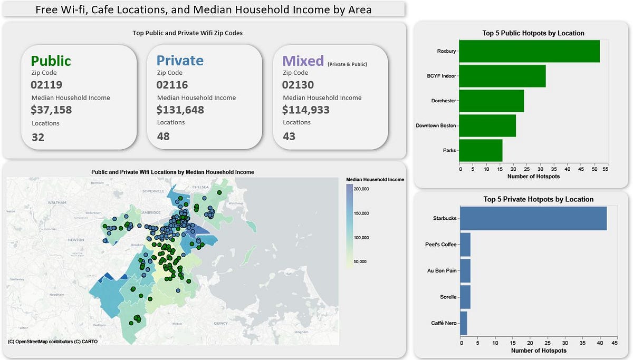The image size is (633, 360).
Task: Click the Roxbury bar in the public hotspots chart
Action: click(x=529, y=51)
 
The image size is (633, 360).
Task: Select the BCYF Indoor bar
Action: click(x=502, y=76)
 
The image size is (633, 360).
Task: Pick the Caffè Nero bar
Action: click(x=463, y=323)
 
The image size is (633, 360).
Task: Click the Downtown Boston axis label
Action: click(x=436, y=125)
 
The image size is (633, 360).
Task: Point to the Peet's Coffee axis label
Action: click(x=440, y=245)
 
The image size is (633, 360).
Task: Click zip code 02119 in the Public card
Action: click(x=46, y=85)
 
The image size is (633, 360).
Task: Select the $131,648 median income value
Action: click(x=180, y=110)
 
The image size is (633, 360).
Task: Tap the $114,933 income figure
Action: click(x=306, y=110)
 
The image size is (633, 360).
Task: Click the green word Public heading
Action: click(x=51, y=61)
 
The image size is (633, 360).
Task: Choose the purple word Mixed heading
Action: click(x=303, y=61)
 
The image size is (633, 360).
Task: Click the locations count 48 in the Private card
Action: click(x=163, y=136)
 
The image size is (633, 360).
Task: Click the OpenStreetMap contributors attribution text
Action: click(x=53, y=342)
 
